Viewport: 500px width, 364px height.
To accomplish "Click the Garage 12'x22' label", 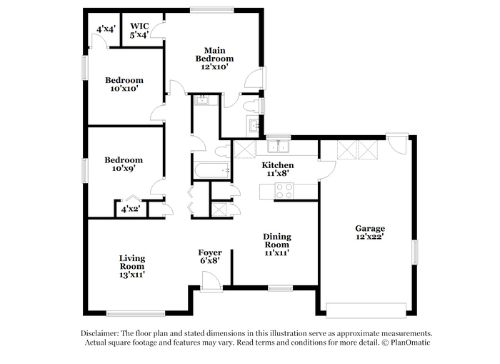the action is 370,232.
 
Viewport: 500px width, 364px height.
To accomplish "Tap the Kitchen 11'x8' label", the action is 278,169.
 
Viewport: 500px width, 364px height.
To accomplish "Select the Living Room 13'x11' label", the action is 132,266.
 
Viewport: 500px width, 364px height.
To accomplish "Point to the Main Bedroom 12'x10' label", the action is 214,59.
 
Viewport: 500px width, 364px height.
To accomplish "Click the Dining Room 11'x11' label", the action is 277,245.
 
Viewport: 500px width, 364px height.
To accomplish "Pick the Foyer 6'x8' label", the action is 210,257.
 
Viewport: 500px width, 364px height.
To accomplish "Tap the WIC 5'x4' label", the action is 139,31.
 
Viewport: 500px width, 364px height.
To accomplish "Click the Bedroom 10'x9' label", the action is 124,164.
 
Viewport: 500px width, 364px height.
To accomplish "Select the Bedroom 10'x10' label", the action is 124,84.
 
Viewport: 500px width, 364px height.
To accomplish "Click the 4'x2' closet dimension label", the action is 131,210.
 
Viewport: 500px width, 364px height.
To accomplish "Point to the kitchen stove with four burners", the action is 284,191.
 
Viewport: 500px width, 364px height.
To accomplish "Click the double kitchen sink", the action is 278,146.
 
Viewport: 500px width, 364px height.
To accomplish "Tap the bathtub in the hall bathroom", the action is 211,171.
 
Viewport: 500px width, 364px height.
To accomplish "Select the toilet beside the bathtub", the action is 223,151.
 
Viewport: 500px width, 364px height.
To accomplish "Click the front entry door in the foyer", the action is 211,281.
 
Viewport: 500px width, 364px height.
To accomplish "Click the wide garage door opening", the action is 366,310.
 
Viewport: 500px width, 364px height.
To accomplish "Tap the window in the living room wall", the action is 136,314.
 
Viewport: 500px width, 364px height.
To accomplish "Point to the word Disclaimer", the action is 100,333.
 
